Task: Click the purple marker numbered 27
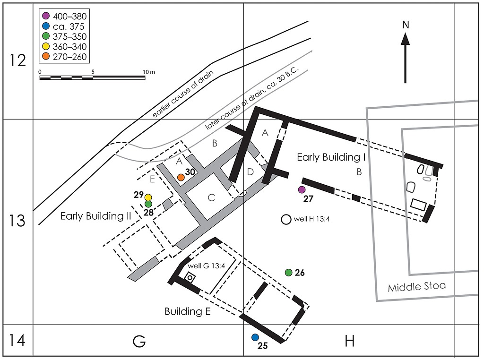(302, 189)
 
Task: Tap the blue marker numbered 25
(255, 337)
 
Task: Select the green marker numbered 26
(289, 273)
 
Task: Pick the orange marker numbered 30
(181, 177)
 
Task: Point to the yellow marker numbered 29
(148, 197)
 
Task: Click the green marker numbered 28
(148, 204)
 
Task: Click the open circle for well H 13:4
(286, 219)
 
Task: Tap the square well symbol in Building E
(190, 278)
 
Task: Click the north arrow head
(405, 39)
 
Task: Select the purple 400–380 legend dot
(46, 16)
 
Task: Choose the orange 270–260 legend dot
(46, 56)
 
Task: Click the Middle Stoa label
(417, 287)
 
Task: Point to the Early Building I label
(331, 157)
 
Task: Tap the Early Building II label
(96, 216)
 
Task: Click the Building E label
(188, 311)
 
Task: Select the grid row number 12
(17, 60)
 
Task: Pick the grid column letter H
(349, 342)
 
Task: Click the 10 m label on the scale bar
(149, 72)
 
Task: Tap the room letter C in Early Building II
(211, 198)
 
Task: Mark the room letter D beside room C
(251, 171)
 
